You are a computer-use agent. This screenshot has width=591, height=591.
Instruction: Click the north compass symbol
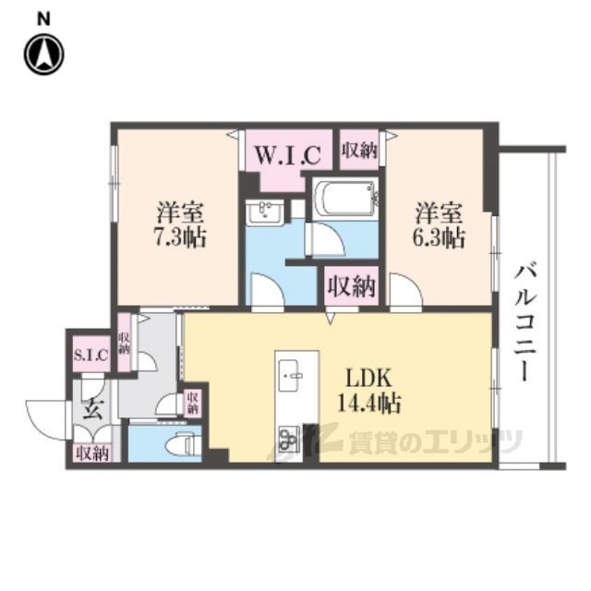pyautogui.click(x=43, y=54)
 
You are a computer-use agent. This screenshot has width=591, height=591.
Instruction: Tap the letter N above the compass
pyautogui.click(x=43, y=17)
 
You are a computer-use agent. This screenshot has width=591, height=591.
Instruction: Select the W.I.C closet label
pyautogui.click(x=287, y=151)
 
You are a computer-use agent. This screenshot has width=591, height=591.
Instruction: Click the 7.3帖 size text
pyautogui.click(x=181, y=237)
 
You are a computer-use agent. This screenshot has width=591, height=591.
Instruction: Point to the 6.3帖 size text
pyautogui.click(x=439, y=237)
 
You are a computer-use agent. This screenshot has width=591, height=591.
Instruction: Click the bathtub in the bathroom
pyautogui.click(x=344, y=199)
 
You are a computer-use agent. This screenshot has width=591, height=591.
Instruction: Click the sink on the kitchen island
pyautogui.click(x=295, y=375)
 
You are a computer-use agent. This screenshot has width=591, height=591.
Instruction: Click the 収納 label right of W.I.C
pyautogui.click(x=358, y=151)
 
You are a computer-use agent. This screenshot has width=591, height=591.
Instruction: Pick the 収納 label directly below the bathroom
pyautogui.click(x=352, y=286)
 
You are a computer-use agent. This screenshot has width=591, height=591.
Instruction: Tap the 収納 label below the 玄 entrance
pyautogui.click(x=92, y=452)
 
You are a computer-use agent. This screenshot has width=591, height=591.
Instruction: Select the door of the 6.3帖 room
pyautogui.click(x=404, y=294)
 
